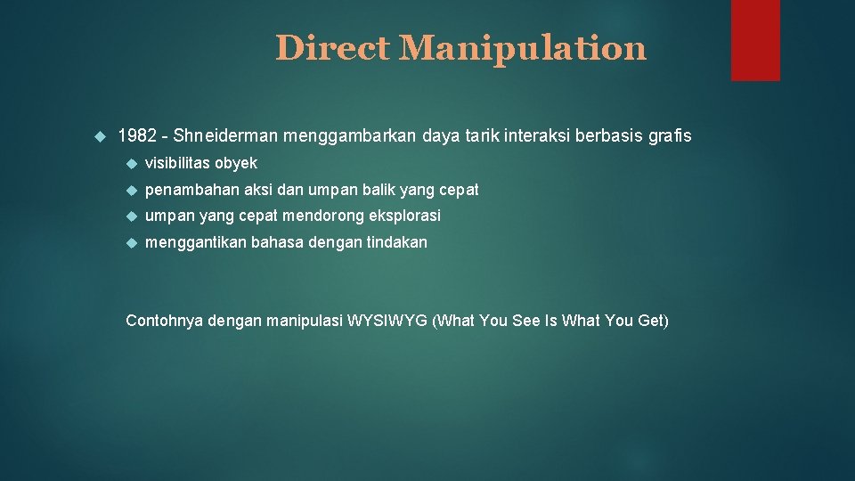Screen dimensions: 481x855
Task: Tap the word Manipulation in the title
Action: click(523, 48)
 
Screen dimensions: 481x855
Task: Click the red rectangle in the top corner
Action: click(755, 40)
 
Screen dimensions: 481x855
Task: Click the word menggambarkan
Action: click(341, 136)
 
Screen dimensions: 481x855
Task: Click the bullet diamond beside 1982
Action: click(99, 136)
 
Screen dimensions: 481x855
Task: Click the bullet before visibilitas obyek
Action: click(130, 163)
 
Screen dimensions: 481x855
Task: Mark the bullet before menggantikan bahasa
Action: click(130, 242)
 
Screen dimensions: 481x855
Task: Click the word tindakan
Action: click(396, 242)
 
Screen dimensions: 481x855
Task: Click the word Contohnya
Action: click(165, 321)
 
